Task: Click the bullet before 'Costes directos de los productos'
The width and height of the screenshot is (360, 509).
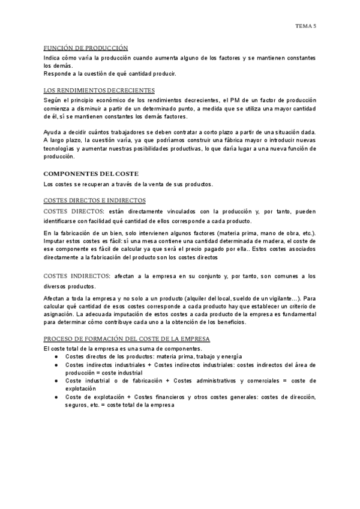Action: [x=56, y=357]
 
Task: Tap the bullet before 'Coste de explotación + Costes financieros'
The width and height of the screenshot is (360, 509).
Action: [x=56, y=397]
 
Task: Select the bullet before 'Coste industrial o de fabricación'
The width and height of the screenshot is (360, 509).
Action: [x=56, y=381]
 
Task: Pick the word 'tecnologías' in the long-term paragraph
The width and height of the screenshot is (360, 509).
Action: [x=59, y=148]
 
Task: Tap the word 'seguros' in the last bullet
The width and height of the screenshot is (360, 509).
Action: [x=77, y=405]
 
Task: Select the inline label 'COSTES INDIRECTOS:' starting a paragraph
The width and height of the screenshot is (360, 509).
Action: [x=76, y=276]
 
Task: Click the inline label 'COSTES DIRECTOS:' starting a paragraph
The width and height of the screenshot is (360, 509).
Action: [x=73, y=211]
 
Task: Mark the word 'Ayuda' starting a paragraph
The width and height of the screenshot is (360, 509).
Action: [x=53, y=132]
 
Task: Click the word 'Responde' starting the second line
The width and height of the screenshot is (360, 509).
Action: [x=58, y=73]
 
